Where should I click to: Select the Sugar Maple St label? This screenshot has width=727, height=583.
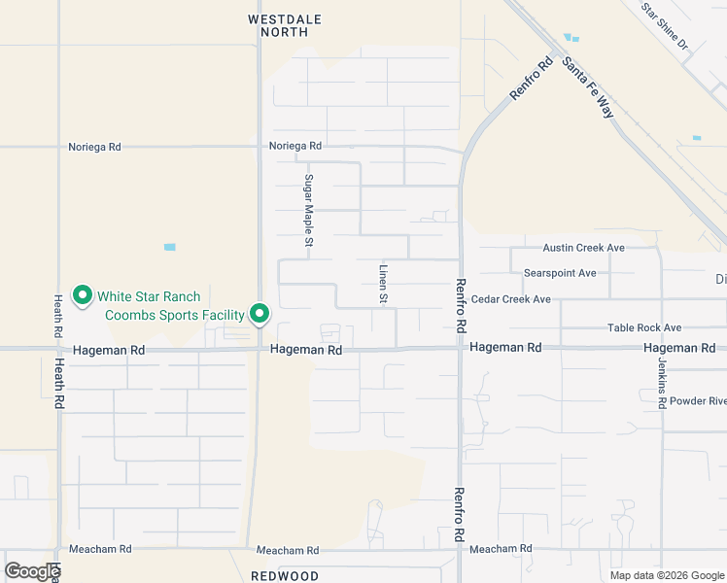pos(307,210)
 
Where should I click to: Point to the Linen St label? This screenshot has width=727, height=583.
pos(384,284)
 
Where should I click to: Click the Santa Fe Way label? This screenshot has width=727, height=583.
pos(589,86)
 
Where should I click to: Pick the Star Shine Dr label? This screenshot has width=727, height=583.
pos(664,26)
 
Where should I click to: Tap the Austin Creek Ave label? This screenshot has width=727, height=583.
pos(583,248)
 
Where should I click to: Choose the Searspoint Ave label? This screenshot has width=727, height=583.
pos(560,273)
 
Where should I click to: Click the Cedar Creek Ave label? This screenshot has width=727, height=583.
pos(512,299)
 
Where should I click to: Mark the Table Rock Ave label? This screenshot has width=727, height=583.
pos(644,328)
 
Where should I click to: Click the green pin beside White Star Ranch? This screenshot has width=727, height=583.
pos(83,294)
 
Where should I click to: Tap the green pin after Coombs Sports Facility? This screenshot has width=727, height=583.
pos(260,313)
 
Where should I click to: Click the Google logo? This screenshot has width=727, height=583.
pos(32,571)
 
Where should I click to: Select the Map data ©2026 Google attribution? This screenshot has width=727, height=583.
pos(666,575)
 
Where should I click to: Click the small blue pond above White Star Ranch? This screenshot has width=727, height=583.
pos(170,247)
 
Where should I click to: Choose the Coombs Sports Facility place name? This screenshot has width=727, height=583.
pos(175,315)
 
